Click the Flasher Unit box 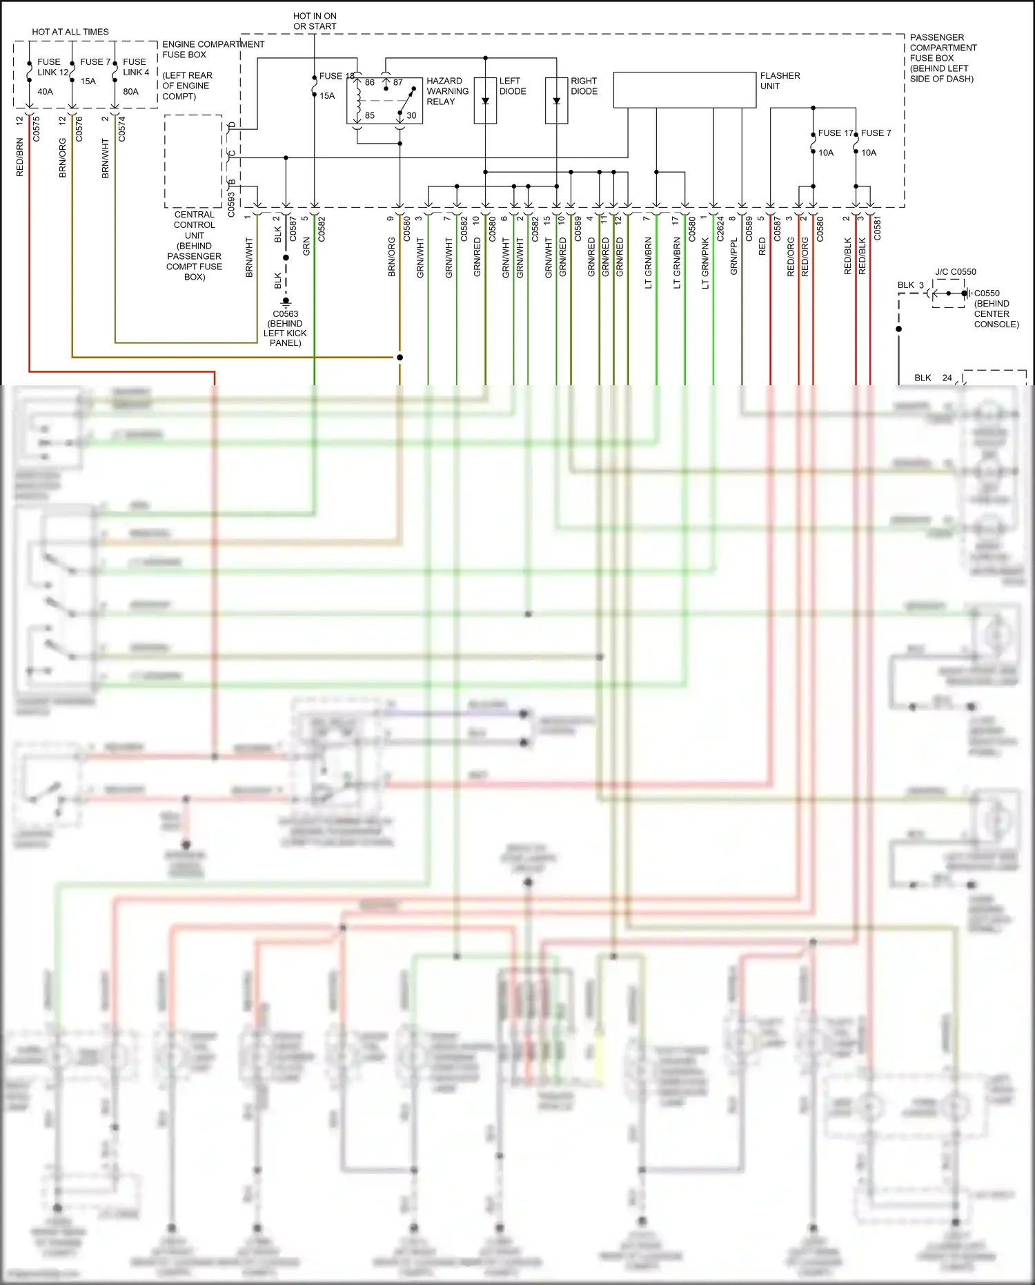pos(684,90)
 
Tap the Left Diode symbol pos(485,101)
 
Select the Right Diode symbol pos(556,101)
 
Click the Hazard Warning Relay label pos(447,91)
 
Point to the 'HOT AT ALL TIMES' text pos(70,32)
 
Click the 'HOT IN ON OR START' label pos(315,21)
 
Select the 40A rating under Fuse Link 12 pos(45,91)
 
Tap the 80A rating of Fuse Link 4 pos(130,91)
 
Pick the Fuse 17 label pos(835,133)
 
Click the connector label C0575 pos(37,129)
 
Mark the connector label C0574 pos(122,129)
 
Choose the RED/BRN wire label pos(20,157)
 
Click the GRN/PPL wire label pos(734,257)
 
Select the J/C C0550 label pos(956,272)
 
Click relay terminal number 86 pos(370,82)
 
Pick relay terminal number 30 pos(411,115)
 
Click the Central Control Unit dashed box pos(193,161)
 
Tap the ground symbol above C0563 pos(286,302)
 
